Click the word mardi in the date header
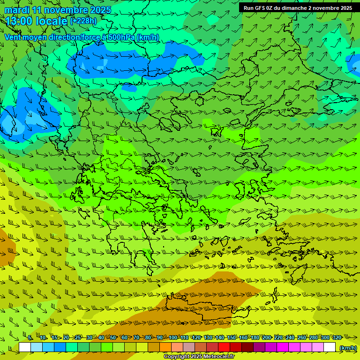(16, 10)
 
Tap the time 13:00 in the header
(19, 21)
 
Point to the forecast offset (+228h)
(83, 21)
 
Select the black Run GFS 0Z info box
(299, 7)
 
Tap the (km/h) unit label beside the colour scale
(348, 347)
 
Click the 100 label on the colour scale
(173, 337)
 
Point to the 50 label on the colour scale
(113, 337)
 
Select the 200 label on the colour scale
(267, 337)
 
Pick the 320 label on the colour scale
(337, 337)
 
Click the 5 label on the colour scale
(30, 337)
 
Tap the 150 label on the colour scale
(232, 337)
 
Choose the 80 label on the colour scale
(148, 337)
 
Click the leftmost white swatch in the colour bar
(25, 347)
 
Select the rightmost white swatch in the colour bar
(330, 347)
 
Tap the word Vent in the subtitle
(13, 37)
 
